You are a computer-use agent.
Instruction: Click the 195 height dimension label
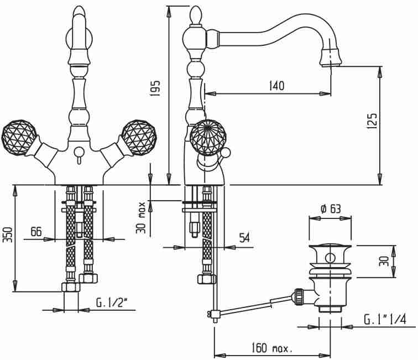155,88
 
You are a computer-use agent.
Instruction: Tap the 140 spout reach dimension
277,85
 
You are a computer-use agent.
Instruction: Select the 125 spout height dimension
372,121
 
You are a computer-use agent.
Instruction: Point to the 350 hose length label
8,234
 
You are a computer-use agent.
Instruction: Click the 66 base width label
36,231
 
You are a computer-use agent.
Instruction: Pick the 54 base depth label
244,238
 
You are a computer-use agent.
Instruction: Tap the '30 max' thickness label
141,218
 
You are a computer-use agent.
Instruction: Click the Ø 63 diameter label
330,209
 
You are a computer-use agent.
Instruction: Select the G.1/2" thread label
111,302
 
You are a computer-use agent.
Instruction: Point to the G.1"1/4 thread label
385,319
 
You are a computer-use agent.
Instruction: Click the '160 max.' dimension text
272,348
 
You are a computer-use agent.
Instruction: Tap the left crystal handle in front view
19,138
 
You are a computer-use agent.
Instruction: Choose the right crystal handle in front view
139,138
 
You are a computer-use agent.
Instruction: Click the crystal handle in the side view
208,138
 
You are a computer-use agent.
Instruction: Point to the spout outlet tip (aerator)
331,58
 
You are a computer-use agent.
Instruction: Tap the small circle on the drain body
330,258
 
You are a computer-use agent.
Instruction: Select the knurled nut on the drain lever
298,296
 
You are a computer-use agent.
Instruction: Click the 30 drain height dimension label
384,261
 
